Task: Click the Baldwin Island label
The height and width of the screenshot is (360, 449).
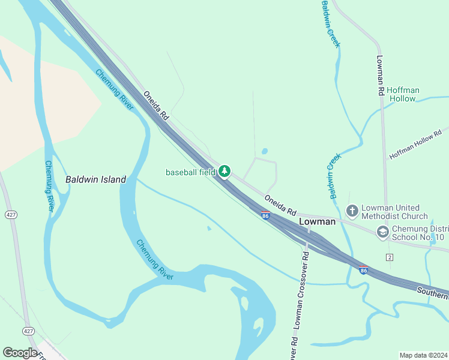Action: click(95, 179)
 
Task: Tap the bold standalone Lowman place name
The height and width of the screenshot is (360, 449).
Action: click(318, 221)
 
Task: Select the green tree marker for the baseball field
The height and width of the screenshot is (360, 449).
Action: click(224, 172)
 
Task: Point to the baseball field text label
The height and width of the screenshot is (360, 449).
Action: click(190, 172)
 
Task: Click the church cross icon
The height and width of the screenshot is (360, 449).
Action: click(352, 211)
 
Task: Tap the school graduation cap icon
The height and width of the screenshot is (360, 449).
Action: click(382, 232)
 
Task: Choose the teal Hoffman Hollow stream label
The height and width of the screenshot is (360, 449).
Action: click(403, 94)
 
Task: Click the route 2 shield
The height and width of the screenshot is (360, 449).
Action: click(390, 257)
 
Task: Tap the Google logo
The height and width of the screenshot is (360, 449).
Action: click(20, 353)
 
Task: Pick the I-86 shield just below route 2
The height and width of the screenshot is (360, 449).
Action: click(364, 270)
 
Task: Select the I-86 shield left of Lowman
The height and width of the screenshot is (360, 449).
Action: click(265, 215)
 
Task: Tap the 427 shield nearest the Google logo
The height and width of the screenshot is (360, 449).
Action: click(28, 331)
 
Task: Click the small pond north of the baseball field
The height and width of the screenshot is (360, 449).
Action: click(265, 151)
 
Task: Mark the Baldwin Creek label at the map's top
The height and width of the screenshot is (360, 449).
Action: click(330, 24)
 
